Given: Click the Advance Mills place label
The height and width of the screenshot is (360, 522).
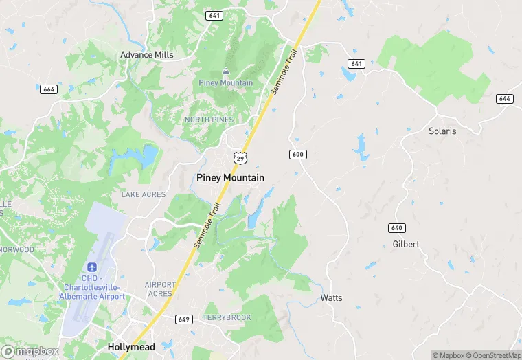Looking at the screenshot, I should (x=147, y=54).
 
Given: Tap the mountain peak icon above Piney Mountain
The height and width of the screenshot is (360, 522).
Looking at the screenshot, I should (x=226, y=72).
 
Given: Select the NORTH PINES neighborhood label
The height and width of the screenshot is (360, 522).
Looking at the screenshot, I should (x=209, y=120).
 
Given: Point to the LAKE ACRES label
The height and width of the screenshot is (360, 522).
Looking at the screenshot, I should (x=144, y=194).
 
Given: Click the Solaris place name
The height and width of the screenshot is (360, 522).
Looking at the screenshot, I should (x=442, y=131).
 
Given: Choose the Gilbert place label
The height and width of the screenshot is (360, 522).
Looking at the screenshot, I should (x=405, y=244).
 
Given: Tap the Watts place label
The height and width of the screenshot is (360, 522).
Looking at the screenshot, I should (x=331, y=297).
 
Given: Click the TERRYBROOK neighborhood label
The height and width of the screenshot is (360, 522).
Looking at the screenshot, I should (x=227, y=317).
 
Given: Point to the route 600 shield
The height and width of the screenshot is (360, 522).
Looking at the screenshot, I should (x=297, y=154).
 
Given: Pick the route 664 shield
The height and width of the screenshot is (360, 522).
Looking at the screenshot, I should (x=48, y=89).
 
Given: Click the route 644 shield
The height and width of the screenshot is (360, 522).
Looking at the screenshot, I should (x=505, y=99).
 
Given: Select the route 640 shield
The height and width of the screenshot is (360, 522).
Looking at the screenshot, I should (x=396, y=228).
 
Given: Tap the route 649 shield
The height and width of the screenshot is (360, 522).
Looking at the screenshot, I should (x=183, y=319).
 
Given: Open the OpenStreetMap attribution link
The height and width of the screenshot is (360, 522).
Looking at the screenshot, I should (x=492, y=355).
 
